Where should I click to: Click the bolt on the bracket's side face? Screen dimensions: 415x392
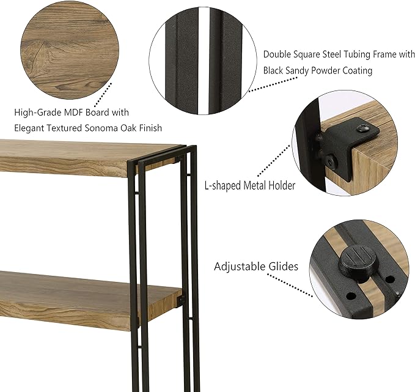[330, 160]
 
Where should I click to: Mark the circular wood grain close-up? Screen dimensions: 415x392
[70, 50]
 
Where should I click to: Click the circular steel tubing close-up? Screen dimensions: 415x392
[203, 61]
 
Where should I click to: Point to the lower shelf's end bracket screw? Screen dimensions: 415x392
[182, 299]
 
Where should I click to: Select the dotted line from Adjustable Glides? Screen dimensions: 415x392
[290, 285]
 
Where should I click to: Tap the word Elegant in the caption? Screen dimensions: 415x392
[29, 128]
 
